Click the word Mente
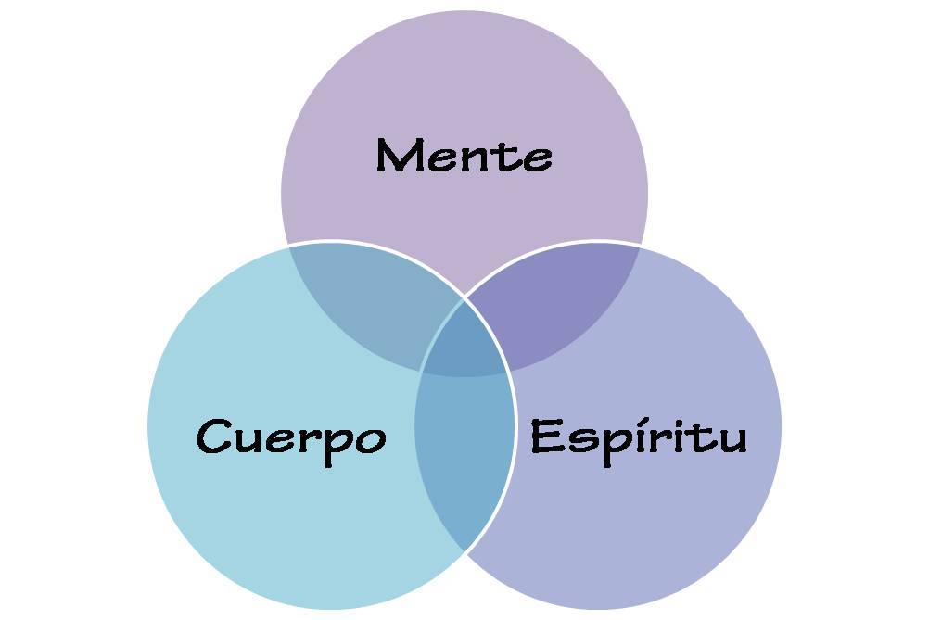[464, 156]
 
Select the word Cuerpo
[291, 437]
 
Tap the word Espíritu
[638, 436]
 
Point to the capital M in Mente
[400, 156]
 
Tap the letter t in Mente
[502, 156]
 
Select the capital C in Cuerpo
[215, 436]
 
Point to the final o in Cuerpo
[370, 438]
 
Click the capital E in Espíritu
[546, 436]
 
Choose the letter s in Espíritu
[576, 439]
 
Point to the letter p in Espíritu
[606, 443]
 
